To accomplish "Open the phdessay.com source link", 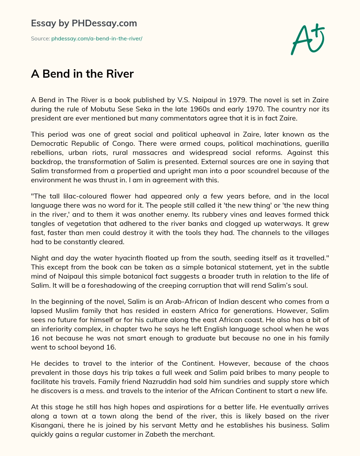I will pos(97,39).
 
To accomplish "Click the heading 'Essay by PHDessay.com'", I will pos(84,24).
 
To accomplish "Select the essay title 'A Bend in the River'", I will pos(82,74).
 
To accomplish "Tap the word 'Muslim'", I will pos(67,311).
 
